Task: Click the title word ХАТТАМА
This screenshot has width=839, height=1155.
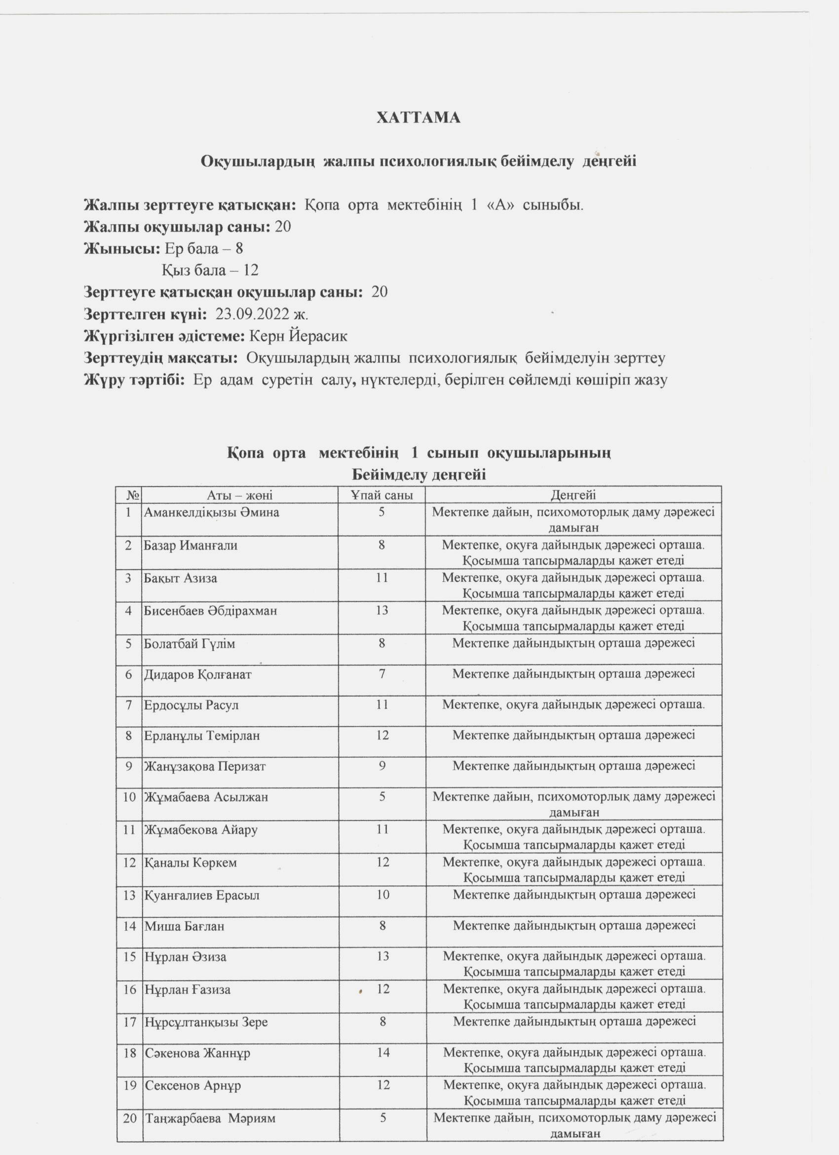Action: [418, 118]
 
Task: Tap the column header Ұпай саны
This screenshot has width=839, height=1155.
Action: [382, 495]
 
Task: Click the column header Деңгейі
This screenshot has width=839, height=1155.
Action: [573, 495]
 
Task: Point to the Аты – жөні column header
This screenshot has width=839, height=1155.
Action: [240, 495]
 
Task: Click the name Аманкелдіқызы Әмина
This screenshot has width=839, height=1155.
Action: [212, 513]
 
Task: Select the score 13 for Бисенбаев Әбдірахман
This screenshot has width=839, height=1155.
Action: [382, 610]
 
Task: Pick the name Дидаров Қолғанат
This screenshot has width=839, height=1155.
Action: [198, 675]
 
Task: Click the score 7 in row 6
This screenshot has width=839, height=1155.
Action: [382, 674]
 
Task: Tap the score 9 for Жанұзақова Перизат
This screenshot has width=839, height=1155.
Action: [382, 766]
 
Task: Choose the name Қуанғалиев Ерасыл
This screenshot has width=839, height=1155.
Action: [202, 895]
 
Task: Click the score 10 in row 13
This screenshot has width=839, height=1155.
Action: [382, 895]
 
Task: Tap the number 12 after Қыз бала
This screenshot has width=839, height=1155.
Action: [251, 270]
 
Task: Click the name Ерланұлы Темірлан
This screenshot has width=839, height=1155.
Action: [202, 736]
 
